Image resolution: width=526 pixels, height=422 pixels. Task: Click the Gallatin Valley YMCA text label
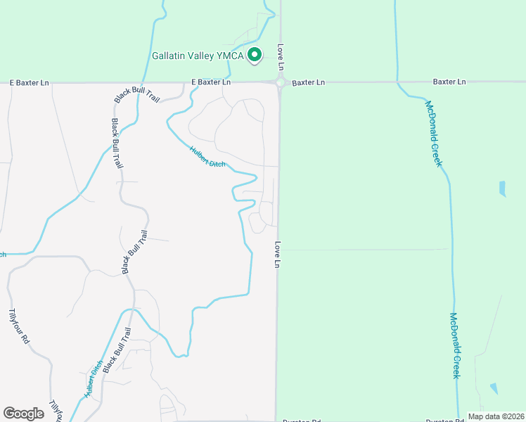198,56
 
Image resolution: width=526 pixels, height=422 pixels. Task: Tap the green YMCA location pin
256,54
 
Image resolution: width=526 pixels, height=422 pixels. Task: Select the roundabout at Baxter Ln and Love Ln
281,82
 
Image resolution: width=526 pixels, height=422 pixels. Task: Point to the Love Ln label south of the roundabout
278,255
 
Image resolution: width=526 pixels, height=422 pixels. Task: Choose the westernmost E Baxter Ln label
30,82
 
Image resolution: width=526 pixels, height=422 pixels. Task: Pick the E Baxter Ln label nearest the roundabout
211,82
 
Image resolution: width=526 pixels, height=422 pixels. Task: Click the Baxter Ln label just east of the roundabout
309,82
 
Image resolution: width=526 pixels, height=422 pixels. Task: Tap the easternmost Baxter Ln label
449,82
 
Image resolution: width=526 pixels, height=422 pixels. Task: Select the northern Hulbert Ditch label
207,156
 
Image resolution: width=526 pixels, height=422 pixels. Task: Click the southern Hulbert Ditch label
94,381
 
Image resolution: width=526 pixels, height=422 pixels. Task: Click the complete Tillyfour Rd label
19,326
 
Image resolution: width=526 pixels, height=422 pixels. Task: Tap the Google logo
23,413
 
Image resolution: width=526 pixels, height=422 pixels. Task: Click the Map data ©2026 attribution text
495,416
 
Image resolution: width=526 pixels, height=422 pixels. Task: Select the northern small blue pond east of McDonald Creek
501,188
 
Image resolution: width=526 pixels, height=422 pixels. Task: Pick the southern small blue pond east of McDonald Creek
494,388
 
